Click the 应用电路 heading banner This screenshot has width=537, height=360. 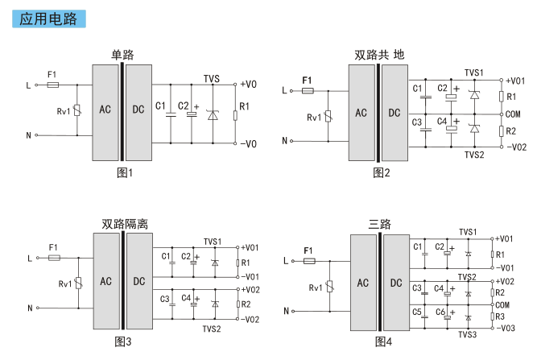(49, 19)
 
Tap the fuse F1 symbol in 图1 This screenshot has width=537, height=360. (53, 85)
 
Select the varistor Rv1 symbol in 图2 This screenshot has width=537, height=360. (328, 116)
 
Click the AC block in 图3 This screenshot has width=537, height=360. (105, 281)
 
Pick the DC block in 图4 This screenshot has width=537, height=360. (396, 283)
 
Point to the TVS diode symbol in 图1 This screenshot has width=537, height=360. (213, 115)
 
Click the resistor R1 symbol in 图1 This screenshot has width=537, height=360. (235, 115)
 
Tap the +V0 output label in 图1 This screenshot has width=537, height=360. (248, 85)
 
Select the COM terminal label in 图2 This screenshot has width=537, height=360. (513, 114)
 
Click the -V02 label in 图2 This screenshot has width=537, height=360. (516, 147)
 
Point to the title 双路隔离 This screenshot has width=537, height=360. (125, 224)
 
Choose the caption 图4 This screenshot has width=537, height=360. (383, 341)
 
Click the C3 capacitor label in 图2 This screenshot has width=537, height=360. (417, 122)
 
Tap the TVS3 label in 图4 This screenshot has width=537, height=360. (468, 335)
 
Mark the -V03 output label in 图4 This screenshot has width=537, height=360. (506, 328)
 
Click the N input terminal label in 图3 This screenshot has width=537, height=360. (30, 308)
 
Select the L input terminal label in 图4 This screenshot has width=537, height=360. (286, 261)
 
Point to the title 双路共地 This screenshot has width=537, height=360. (379, 55)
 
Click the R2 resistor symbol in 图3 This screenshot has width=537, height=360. (238, 304)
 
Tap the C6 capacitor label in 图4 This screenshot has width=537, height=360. (440, 312)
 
